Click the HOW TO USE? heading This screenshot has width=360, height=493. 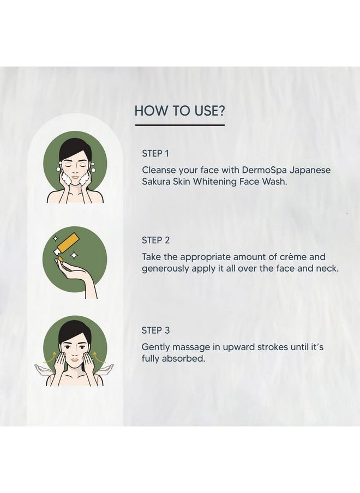click(x=179, y=111)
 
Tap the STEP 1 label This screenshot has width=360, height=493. click(x=155, y=153)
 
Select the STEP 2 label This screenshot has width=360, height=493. click(x=155, y=240)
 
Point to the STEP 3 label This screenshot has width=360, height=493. click(x=155, y=330)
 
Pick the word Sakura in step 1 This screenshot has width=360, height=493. click(x=156, y=182)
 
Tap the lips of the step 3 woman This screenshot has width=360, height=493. click(x=75, y=359)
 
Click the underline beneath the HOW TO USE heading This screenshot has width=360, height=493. click(x=180, y=125)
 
